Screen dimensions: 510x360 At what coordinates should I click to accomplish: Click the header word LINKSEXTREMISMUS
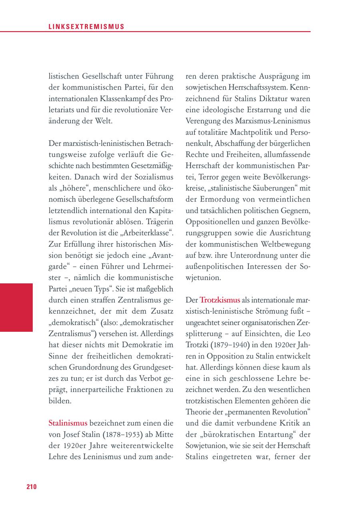(x=86, y=27)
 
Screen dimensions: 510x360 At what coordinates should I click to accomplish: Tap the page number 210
(x=32, y=486)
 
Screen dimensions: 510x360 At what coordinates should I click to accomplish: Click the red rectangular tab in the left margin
(x=16, y=307)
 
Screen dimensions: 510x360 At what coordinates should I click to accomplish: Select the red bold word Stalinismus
(x=68, y=422)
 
